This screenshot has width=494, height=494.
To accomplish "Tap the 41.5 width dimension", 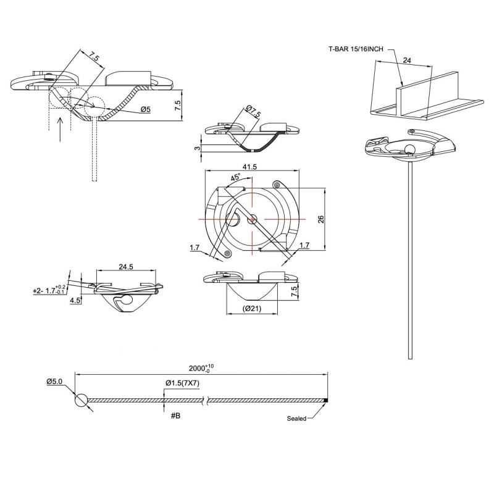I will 250,167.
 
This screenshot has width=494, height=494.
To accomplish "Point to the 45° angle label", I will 236,178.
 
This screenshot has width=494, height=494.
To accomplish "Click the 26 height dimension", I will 320,220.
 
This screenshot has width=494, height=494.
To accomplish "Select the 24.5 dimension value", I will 127,267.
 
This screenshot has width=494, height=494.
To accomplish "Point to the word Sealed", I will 297,418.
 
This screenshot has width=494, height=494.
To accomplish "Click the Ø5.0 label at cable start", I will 55,382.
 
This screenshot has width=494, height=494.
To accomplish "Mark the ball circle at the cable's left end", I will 82,400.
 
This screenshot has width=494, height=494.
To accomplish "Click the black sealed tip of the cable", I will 325,400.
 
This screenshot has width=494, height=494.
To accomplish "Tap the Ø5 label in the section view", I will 146,109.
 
